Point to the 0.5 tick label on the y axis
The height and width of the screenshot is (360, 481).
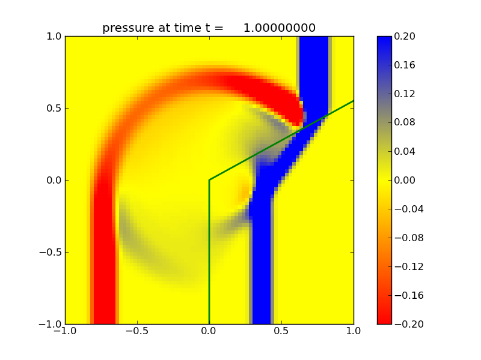53,109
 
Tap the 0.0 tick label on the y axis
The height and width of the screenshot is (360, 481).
53,181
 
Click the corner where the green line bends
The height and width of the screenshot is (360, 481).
209,180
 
